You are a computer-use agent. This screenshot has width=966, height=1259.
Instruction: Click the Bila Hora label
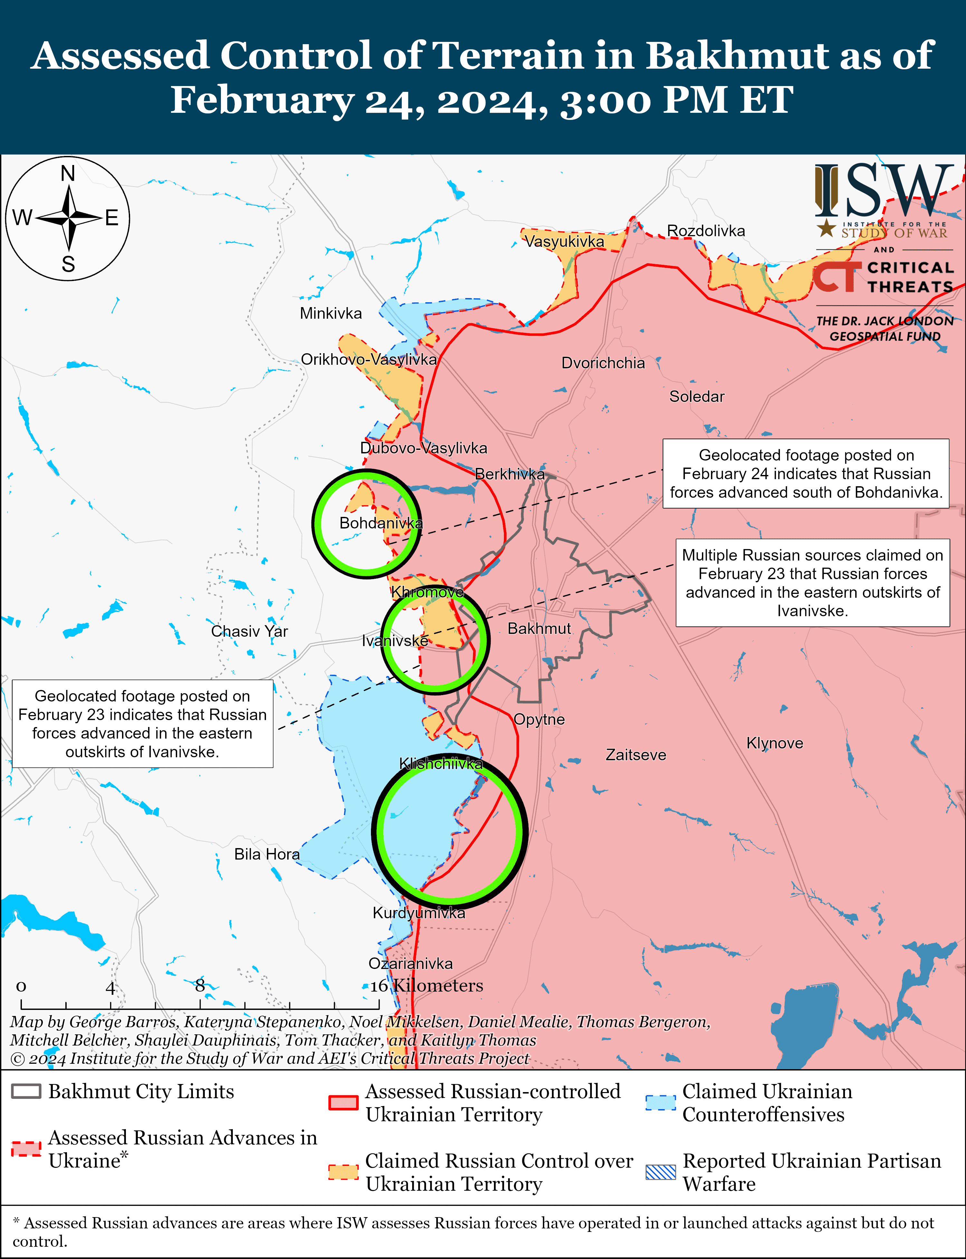[267, 855]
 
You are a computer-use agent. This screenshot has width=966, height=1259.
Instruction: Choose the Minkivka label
[331, 314]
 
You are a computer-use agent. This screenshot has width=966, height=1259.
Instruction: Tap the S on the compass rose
[68, 264]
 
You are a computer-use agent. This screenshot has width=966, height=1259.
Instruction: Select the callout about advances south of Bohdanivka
[806, 474]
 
